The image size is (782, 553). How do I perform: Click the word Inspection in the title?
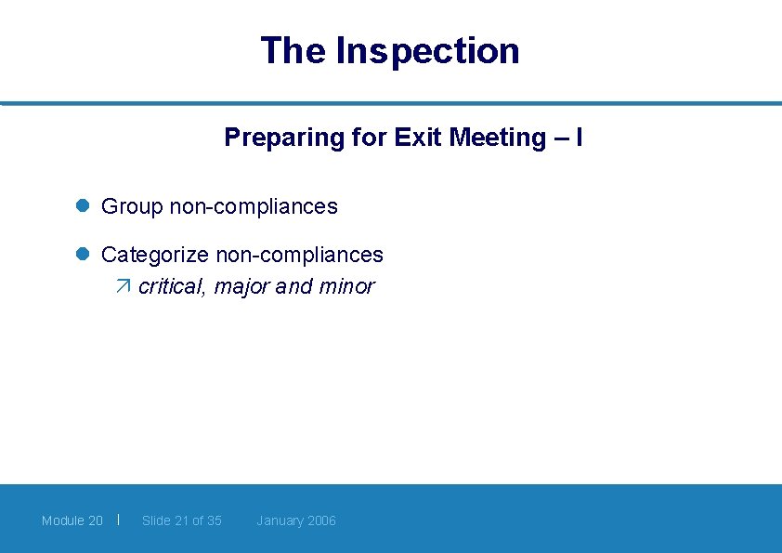(x=427, y=50)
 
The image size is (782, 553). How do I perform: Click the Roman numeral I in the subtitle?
(x=580, y=138)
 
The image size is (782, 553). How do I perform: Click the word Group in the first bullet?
(x=132, y=206)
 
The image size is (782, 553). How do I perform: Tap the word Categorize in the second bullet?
(x=155, y=255)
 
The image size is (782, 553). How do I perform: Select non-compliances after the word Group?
(x=254, y=206)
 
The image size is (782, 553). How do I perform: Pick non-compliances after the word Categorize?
(x=299, y=255)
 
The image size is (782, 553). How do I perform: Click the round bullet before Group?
(x=82, y=206)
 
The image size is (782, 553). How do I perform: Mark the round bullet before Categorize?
(x=82, y=255)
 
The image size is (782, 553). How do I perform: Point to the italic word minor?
(x=346, y=286)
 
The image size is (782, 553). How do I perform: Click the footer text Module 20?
(x=72, y=520)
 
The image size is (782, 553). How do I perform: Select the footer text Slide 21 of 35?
(x=182, y=520)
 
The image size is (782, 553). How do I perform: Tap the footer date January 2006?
(x=296, y=520)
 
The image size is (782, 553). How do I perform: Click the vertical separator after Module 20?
(x=119, y=519)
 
